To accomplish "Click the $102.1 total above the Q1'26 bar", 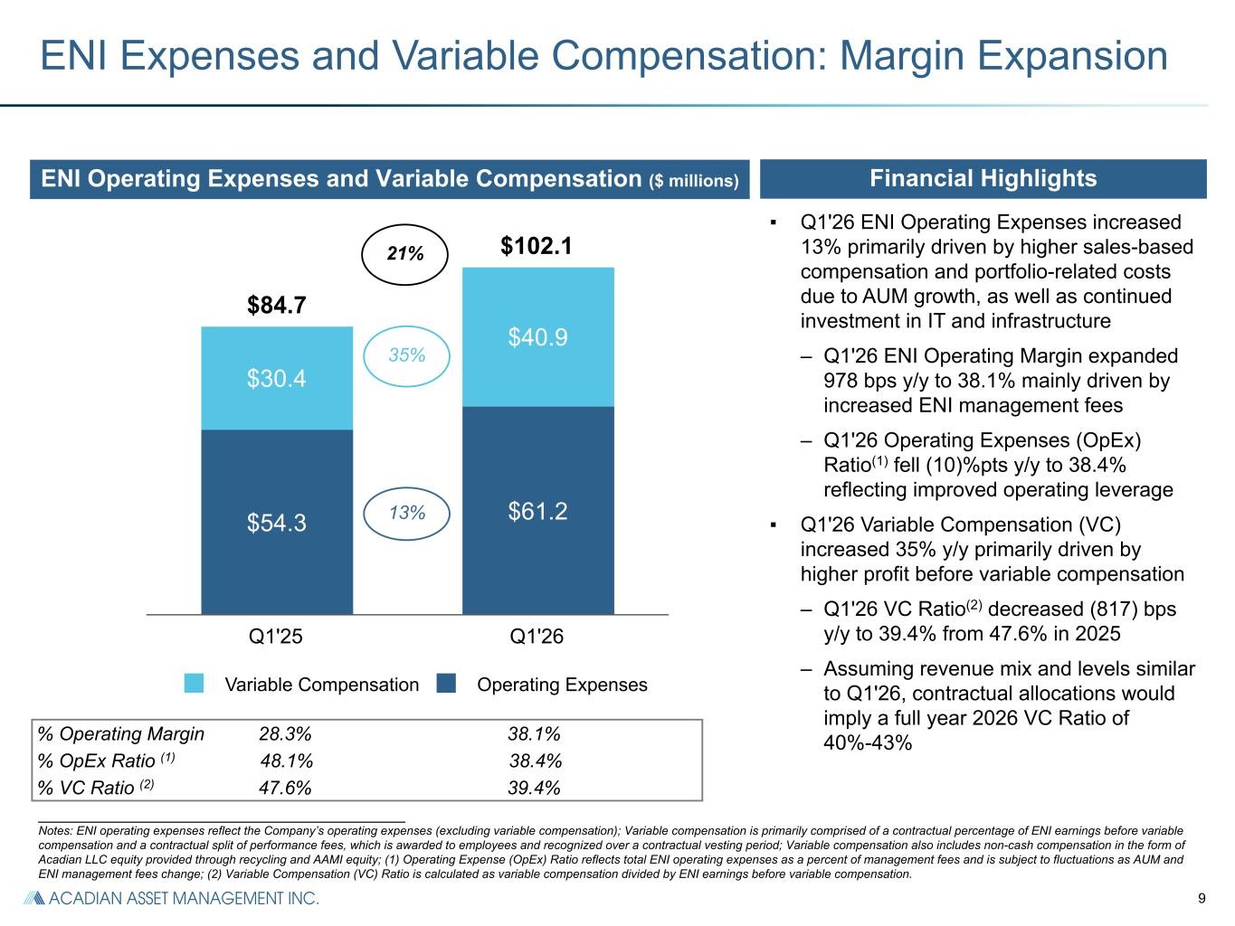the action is pyautogui.click(x=536, y=246).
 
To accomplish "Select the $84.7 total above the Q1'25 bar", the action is pyautogui.click(x=276, y=306).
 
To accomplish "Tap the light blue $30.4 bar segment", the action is pyautogui.click(x=277, y=378).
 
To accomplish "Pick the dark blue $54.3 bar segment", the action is pyautogui.click(x=277, y=523).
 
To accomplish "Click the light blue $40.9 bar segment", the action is pyautogui.click(x=538, y=336).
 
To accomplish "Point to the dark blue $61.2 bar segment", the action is pyautogui.click(x=538, y=511).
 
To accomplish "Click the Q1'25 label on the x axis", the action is pyautogui.click(x=276, y=637).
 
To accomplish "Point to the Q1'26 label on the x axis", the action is pyautogui.click(x=537, y=637).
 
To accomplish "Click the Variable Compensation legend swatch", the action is pyautogui.click(x=195, y=683).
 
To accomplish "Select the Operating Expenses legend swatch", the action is pyautogui.click(x=446, y=683).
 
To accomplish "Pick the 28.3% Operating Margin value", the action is pyautogui.click(x=285, y=733).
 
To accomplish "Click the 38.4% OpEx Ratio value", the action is pyautogui.click(x=535, y=761).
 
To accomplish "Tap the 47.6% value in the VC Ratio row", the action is pyautogui.click(x=285, y=788).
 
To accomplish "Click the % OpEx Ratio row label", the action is pyautogui.click(x=107, y=761).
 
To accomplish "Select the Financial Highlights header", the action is pyautogui.click(x=983, y=178).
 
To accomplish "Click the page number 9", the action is pyautogui.click(x=1202, y=899).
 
